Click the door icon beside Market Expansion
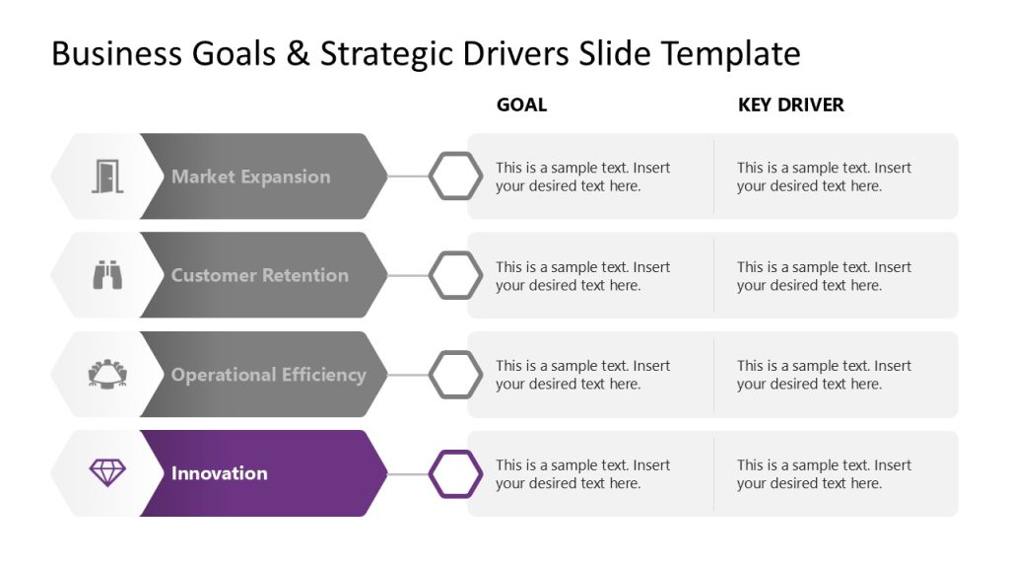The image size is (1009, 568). tap(107, 177)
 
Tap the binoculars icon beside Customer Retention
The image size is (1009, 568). tap(107, 275)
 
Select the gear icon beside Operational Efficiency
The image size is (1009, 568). tap(107, 375)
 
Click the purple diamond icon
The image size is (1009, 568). tap(107, 473)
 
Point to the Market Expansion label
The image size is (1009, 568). tap(250, 177)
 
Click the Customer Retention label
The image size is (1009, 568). tap(259, 275)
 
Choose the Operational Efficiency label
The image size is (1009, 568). tap(268, 375)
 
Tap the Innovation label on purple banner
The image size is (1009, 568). tap(219, 473)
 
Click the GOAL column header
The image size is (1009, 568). tap(521, 105)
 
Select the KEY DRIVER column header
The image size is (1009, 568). tap(790, 105)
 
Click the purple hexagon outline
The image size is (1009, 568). tap(455, 473)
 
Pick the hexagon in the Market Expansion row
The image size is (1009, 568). tap(455, 177)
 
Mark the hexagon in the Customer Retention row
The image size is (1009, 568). tap(455, 275)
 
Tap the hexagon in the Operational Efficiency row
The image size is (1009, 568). tap(455, 375)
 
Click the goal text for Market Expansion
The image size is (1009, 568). tap(582, 177)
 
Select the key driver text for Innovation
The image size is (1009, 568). tap(824, 473)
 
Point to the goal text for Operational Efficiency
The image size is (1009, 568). tap(582, 375)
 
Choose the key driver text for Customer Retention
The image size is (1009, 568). tap(824, 275)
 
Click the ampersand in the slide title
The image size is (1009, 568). tap(297, 53)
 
